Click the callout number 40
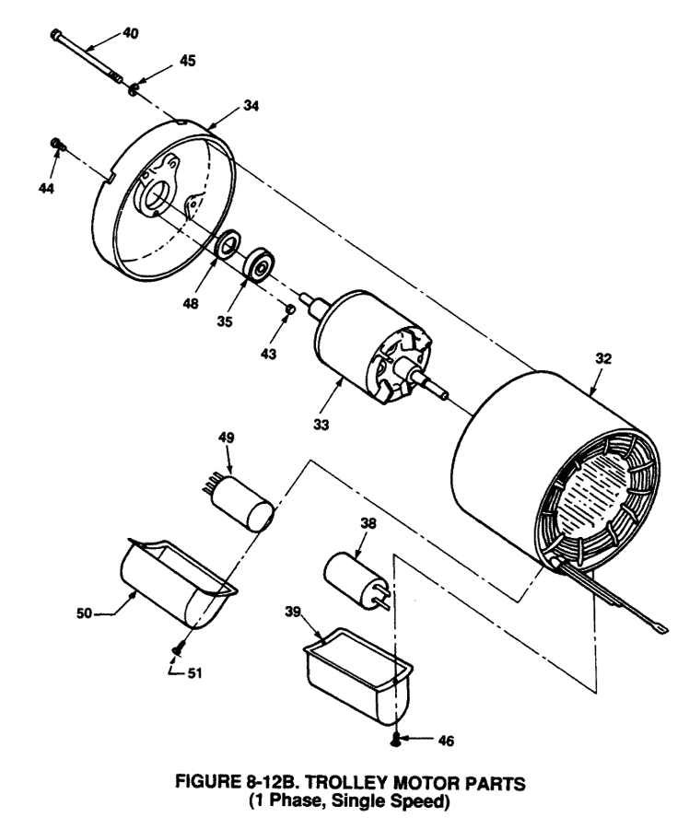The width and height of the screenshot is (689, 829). click(x=131, y=33)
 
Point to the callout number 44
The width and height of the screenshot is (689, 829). click(x=46, y=188)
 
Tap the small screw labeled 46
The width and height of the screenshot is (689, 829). click(x=396, y=737)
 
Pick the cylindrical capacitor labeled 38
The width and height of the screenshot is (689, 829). click(x=354, y=576)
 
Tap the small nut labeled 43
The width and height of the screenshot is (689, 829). click(x=290, y=309)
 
